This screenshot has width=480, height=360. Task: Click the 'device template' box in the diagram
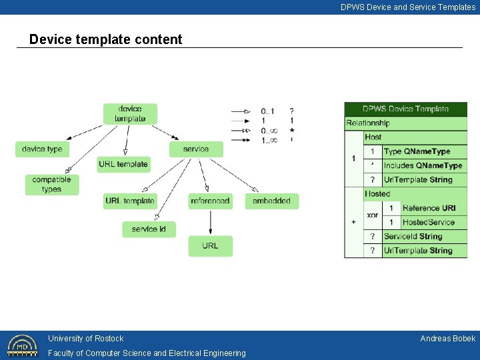tap(130, 114)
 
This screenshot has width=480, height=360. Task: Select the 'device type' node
tap(42, 149)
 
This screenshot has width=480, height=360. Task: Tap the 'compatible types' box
tap(51, 185)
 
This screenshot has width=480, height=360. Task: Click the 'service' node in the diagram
tap(195, 149)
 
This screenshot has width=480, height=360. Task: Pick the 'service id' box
tap(149, 229)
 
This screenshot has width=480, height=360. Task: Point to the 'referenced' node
tap(210, 201)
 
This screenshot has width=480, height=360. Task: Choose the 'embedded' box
tap(271, 201)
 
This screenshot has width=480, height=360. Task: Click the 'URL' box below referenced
tap(210, 246)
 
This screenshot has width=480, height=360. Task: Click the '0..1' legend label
tap(267, 111)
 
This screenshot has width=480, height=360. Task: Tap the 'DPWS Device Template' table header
tap(405, 109)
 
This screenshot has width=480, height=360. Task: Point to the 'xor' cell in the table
tap(373, 215)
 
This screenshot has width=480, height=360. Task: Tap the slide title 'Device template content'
tap(105, 39)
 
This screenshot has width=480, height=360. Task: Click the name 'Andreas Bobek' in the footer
tap(447, 339)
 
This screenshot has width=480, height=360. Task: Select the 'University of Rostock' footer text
tap(85, 339)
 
